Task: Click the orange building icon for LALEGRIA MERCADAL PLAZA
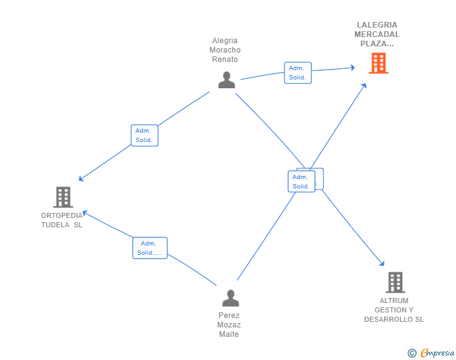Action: (378, 63)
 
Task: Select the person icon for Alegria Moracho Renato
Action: (227, 80)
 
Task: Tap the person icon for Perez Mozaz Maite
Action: (231, 298)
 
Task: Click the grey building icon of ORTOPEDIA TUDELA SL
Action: (63, 197)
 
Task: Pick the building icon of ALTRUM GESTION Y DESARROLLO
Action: (395, 282)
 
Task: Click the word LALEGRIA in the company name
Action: (377, 25)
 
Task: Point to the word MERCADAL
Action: (377, 34)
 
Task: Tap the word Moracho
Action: (225, 50)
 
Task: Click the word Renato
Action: (225, 59)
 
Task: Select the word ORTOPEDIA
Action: (61, 215)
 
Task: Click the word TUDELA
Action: (55, 225)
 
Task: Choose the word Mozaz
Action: (229, 325)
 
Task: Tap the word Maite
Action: (229, 334)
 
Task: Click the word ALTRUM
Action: (394, 301)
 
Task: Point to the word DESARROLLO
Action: (388, 319)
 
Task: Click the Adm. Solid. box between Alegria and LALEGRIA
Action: (298, 73)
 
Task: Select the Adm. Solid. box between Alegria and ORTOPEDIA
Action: (145, 135)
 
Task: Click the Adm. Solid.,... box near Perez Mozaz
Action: (150, 248)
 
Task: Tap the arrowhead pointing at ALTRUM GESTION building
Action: (382, 263)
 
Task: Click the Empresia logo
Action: (431, 352)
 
